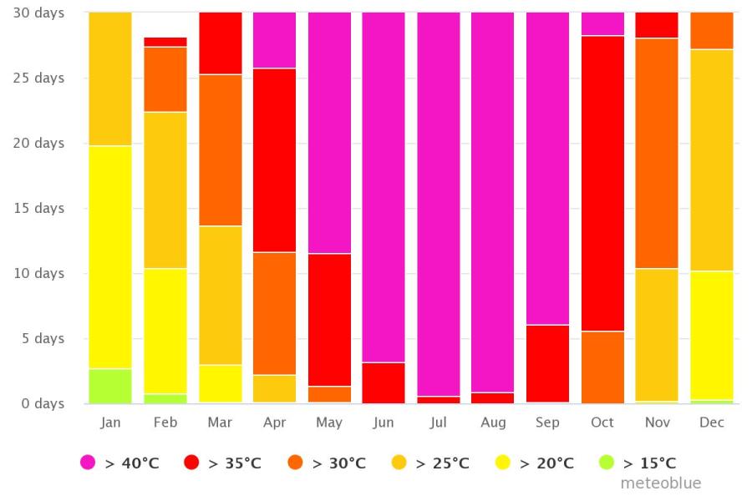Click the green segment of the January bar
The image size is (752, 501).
[x=110, y=386]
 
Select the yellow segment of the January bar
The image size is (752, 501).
[x=110, y=257]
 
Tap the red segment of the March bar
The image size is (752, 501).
[x=221, y=43]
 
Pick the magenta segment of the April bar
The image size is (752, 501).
[x=274, y=40]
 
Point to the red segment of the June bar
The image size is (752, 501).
[x=384, y=382]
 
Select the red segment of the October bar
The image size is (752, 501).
[x=602, y=184]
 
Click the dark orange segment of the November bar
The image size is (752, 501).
[x=658, y=153]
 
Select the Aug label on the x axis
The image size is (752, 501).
[x=493, y=423]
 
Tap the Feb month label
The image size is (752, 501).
[x=165, y=423]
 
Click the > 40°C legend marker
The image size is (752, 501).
[x=88, y=463]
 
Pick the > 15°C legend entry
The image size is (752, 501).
[x=640, y=463]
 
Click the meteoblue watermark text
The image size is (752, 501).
[x=660, y=483]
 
